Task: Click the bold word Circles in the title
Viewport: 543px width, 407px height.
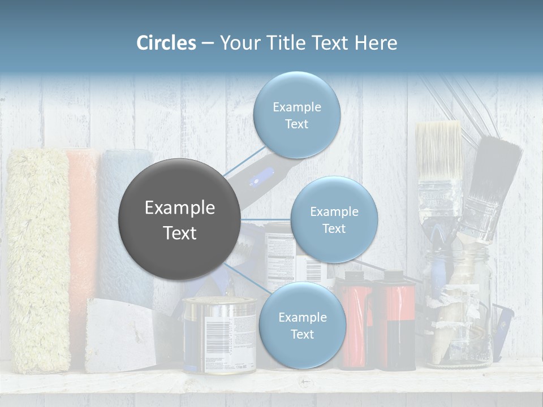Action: (x=166, y=43)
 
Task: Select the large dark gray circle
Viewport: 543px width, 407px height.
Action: (x=180, y=220)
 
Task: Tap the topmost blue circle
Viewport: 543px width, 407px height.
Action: (x=296, y=115)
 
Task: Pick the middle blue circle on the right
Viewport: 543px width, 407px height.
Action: (x=334, y=220)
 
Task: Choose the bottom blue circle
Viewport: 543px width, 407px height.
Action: (x=302, y=326)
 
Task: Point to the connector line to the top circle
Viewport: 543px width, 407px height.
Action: (x=244, y=164)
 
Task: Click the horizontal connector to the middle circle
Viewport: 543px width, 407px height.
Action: (x=266, y=219)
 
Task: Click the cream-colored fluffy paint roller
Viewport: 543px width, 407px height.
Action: (x=38, y=260)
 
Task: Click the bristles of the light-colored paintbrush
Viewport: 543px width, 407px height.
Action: (x=438, y=150)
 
